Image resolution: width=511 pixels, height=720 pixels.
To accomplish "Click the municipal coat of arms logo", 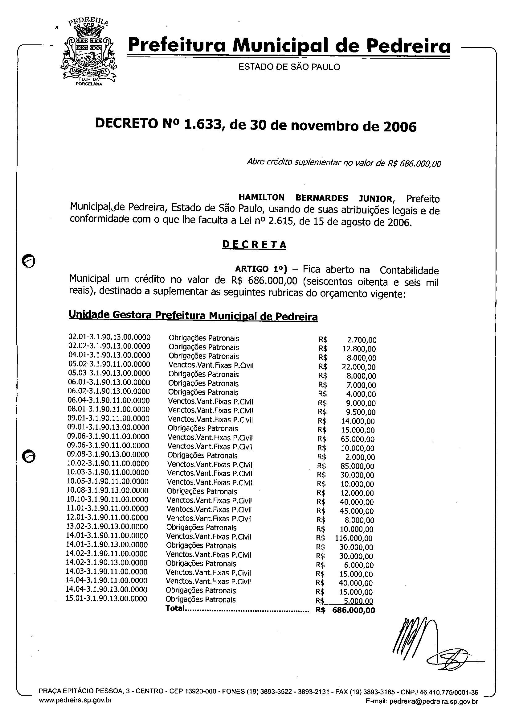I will tap(89, 52).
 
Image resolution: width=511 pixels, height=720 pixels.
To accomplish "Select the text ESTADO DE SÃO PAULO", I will tap(289, 67).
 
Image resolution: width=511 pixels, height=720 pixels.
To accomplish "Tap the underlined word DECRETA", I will tap(254, 245).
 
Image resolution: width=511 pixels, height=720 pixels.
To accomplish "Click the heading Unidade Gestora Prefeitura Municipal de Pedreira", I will tap(193, 316).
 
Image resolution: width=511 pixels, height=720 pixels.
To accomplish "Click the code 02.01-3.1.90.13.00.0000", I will tap(109, 337).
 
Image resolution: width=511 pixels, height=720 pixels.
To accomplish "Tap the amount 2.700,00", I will tap(362, 340).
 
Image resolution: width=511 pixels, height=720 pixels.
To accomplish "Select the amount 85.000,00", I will tap(358, 466).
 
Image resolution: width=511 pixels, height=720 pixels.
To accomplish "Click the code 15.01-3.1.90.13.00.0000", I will tap(106, 598).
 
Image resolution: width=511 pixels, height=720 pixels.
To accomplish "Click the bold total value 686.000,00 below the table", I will tap(354, 610).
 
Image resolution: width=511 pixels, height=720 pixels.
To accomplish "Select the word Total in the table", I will tap(175, 608).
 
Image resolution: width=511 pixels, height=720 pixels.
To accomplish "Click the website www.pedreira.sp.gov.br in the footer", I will tap(75, 701).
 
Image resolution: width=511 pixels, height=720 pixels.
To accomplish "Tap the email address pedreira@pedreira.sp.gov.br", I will tap(434, 701).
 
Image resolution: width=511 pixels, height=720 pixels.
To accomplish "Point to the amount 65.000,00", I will tap(358, 439).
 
